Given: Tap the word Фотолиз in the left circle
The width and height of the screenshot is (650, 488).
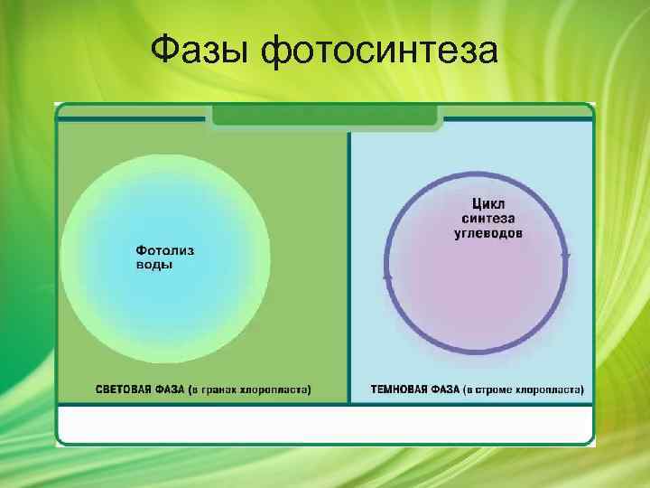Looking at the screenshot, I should point(164,249).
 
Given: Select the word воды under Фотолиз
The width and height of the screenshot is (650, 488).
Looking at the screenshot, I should point(153,265).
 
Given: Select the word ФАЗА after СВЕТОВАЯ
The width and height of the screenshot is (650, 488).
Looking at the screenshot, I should point(168,390).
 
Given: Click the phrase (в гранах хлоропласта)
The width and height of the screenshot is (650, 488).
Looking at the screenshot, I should point(250,390).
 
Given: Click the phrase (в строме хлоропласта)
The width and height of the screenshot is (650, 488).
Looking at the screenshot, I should point(525,390).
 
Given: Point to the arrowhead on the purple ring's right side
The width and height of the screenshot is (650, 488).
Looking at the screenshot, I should point(566,257).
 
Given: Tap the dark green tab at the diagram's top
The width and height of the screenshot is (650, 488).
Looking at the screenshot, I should point(325,117).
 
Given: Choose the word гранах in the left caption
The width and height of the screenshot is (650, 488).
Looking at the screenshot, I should point(221,390).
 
